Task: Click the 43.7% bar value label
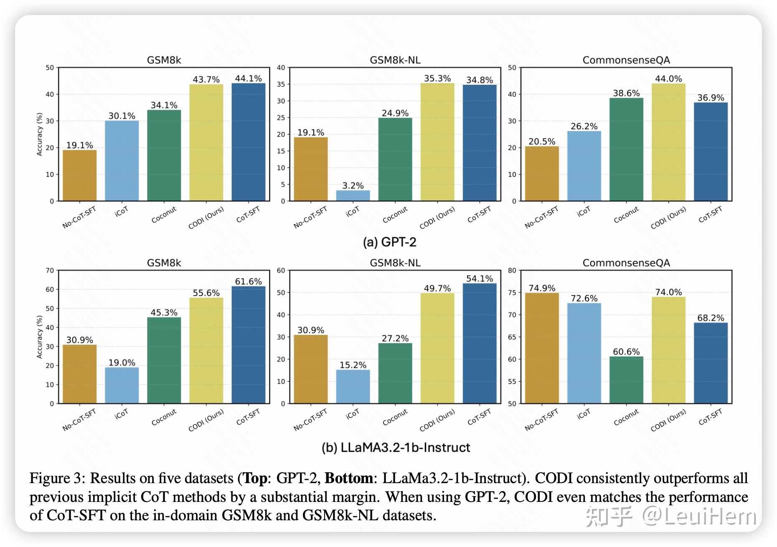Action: (206, 79)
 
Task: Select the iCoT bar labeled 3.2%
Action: (353, 195)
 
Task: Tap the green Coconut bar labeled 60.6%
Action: (626, 380)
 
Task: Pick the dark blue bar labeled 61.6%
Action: (249, 344)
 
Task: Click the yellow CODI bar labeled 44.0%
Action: (668, 142)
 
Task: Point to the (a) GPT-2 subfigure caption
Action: (389, 242)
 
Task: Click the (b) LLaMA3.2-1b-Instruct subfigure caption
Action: (396, 448)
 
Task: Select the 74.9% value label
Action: (542, 288)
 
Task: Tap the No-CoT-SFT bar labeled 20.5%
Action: (542, 173)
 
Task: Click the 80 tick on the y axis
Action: (512, 271)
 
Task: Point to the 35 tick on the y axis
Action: (281, 84)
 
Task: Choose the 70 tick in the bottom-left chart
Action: (50, 271)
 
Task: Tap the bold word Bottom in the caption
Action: (348, 478)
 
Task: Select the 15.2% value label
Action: (353, 365)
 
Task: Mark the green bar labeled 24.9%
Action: (395, 159)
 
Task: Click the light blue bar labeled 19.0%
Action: (122, 385)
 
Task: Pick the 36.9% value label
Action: (711, 98)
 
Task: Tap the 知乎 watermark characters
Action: (609, 517)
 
